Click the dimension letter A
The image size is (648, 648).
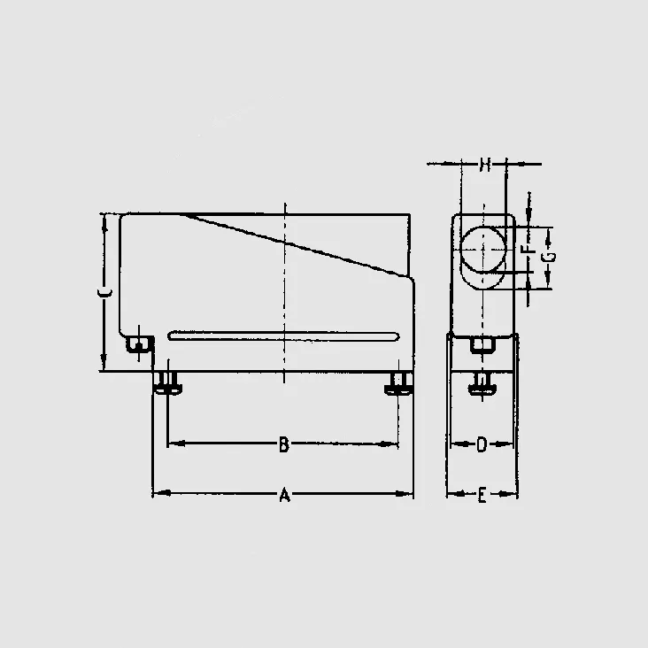[x=284, y=495]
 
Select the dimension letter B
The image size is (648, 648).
[x=283, y=444]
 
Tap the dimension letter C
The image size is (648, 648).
[x=105, y=293]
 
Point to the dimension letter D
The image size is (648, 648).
[x=482, y=444]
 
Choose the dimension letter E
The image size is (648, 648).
[x=482, y=495]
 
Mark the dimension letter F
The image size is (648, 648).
[x=528, y=249]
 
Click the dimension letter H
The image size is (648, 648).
[x=485, y=165]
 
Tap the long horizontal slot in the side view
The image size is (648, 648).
[x=283, y=336]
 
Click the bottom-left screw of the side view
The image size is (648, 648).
[x=167, y=383]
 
